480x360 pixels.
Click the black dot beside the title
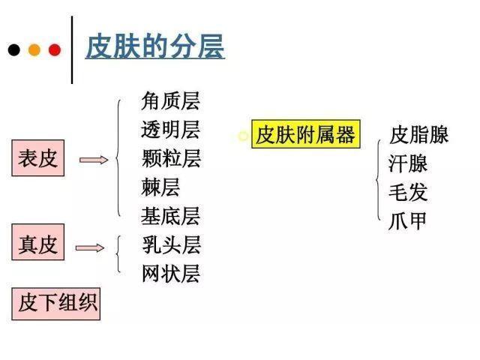click(x=14, y=50)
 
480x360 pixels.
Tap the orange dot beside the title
click(x=34, y=50)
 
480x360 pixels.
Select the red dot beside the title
click(x=55, y=50)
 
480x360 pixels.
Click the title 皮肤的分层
click(x=155, y=46)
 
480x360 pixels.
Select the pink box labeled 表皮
click(x=38, y=158)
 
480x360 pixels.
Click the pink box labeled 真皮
click(x=38, y=242)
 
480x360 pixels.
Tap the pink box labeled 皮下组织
click(x=56, y=304)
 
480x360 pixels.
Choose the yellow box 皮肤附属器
click(x=306, y=134)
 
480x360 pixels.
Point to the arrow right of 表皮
click(x=94, y=160)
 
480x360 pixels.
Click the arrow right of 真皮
click(x=90, y=247)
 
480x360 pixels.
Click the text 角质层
click(x=170, y=100)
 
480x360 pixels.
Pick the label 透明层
click(x=170, y=130)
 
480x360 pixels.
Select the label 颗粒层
click(x=171, y=158)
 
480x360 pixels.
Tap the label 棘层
click(x=160, y=187)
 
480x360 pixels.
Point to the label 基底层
click(x=170, y=216)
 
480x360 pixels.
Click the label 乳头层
click(x=172, y=245)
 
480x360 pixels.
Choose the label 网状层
click(x=171, y=273)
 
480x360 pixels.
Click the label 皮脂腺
click(x=418, y=134)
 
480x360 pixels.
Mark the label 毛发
click(x=408, y=192)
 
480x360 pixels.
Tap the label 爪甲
click(x=407, y=220)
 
